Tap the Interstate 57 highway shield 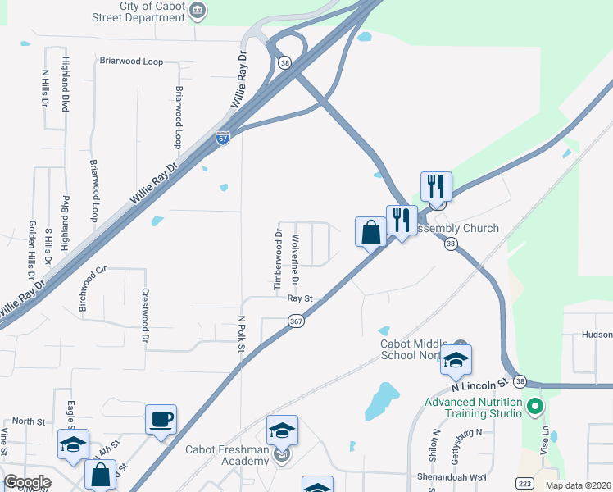223,138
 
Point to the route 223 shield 525,482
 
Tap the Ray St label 301,298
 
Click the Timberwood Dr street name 278,259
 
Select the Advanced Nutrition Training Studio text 473,408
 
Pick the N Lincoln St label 480,385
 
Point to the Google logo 27,482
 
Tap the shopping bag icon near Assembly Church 370,232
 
